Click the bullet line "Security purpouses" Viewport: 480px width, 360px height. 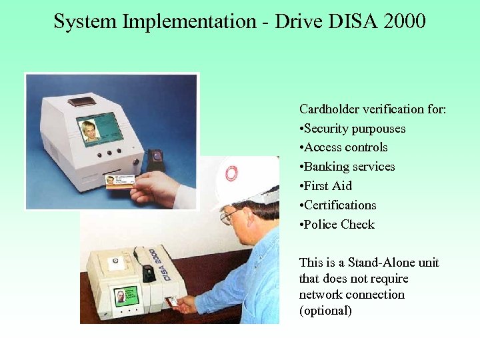[x=354, y=128]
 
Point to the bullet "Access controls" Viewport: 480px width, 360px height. [x=345, y=147]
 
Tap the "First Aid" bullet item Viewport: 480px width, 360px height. [x=327, y=186]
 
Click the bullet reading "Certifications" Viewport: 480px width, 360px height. [x=339, y=205]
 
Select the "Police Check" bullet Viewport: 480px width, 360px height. [x=339, y=225]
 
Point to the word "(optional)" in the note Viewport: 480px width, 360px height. [x=325, y=311]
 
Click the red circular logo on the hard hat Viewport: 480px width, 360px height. [x=231, y=173]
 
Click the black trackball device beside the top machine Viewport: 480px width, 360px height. [x=155, y=160]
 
